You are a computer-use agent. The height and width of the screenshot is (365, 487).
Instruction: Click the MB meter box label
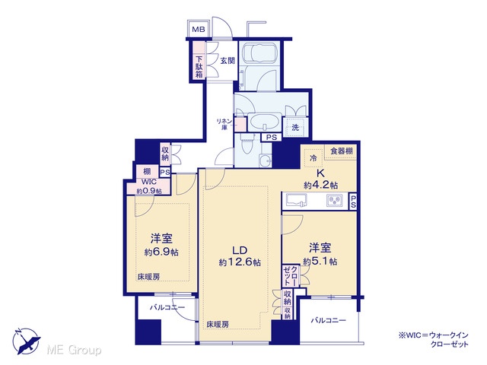199,30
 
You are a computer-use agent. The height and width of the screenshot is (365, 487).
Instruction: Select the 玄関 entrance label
228,61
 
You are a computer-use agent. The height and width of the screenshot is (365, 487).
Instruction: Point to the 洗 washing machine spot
295,127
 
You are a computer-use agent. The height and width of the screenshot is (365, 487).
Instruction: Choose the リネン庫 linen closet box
240,124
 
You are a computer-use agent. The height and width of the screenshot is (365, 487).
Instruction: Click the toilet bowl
247,145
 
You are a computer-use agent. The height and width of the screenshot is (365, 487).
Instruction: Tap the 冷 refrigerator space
314,157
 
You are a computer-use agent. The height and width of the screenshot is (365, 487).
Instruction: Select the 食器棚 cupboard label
341,151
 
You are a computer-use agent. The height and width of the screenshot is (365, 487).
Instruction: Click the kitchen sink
296,200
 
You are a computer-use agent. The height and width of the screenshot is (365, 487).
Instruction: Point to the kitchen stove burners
335,200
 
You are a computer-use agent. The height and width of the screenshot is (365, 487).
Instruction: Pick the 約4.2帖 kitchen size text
320,186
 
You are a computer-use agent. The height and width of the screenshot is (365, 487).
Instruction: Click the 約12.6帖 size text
240,262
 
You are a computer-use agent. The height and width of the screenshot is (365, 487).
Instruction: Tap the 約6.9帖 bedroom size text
161,252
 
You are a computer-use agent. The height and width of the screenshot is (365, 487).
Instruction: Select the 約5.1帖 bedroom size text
320,262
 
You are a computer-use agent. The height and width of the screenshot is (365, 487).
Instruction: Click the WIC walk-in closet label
149,182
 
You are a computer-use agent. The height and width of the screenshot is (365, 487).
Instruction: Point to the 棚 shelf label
147,171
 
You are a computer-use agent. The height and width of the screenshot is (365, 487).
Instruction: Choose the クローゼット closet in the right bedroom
291,275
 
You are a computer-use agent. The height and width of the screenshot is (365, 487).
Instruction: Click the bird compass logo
27,341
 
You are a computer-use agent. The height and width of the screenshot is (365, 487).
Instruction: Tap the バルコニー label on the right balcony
329,320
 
